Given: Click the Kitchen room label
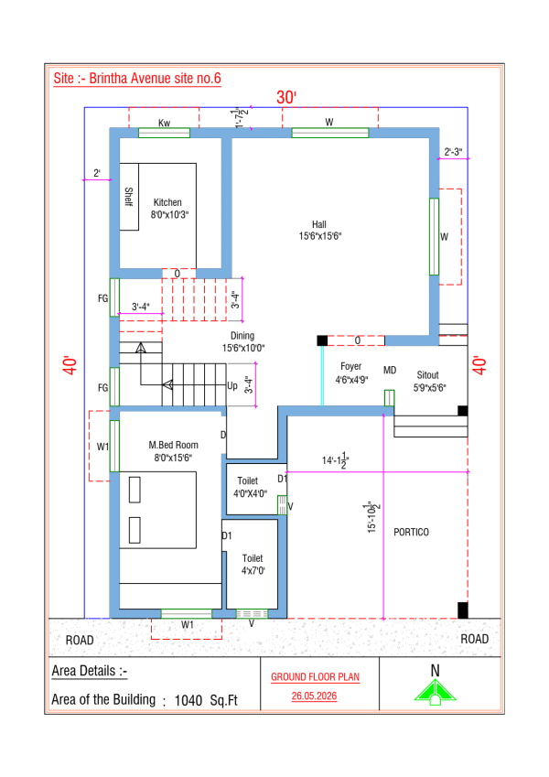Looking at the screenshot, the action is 167,202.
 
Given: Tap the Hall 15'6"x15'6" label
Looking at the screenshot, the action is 319,231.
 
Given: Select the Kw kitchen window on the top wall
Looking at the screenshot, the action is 164,133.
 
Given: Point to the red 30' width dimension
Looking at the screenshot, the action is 285,97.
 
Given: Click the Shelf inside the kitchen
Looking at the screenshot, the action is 129,197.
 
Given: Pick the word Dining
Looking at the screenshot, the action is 242,336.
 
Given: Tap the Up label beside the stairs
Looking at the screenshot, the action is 231,385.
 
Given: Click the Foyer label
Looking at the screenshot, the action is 350,366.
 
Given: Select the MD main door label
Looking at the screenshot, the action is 390,370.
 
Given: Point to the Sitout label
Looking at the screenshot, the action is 427,375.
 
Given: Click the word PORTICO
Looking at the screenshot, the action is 411,533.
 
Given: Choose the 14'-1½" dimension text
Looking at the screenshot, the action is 335,460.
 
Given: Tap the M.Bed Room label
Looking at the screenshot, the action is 174,445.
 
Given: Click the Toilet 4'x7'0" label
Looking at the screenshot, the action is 253,565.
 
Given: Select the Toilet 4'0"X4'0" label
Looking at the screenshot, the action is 250,487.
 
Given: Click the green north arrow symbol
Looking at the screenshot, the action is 435,692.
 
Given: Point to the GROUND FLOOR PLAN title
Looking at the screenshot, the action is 315,677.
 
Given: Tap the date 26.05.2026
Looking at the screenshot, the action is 314,696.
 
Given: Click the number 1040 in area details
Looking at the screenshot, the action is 188,701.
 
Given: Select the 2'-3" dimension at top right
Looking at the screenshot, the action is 453,152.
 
